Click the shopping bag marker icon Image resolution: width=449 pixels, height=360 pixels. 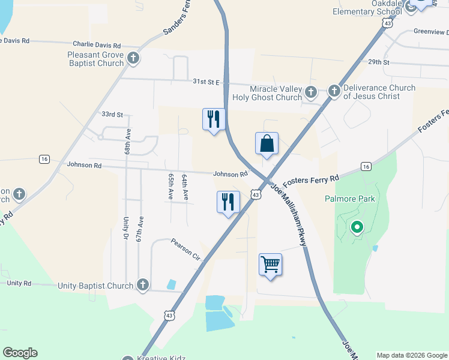(x=267, y=144)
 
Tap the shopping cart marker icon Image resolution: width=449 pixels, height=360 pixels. (x=270, y=264)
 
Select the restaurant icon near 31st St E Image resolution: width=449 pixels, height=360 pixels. (x=214, y=120)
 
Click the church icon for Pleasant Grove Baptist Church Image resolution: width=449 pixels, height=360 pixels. (x=133, y=58)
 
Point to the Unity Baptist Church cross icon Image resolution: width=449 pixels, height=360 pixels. (x=143, y=285)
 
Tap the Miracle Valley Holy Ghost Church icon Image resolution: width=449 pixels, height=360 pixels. (x=311, y=92)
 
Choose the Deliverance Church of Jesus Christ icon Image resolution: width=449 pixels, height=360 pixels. (x=334, y=92)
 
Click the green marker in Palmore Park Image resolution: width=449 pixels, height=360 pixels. (x=357, y=227)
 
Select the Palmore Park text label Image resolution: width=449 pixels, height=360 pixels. (x=349, y=199)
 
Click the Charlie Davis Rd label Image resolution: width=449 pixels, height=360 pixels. (x=97, y=45)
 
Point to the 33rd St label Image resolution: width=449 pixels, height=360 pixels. (x=112, y=114)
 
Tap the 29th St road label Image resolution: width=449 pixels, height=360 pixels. (x=379, y=62)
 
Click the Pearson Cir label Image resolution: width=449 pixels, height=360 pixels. (x=185, y=249)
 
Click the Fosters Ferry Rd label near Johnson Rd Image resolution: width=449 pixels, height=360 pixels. (x=312, y=179)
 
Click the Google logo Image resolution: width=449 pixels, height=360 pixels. (x=20, y=353)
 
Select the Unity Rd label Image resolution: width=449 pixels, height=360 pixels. (x=19, y=283)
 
